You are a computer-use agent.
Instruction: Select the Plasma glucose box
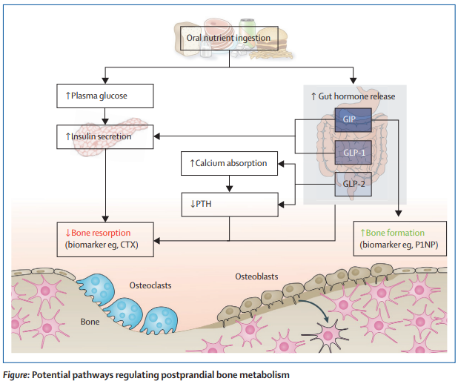click(104, 96)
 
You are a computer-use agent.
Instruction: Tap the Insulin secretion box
click(104, 136)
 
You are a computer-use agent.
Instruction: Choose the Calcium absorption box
click(229, 162)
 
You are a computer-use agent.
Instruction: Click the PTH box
click(229, 202)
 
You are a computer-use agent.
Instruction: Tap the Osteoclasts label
click(151, 284)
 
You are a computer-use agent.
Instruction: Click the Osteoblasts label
click(256, 276)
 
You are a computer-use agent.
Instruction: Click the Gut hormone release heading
click(353, 96)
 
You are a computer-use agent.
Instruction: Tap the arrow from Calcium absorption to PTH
click(229, 182)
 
